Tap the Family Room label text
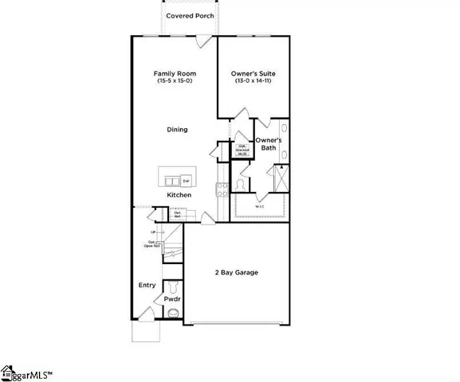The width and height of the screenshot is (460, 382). [x=175, y=74]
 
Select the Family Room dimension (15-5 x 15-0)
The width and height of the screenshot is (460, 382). [x=175, y=82]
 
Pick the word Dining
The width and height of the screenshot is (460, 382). [x=177, y=129]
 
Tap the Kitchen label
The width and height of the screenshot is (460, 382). [x=179, y=195]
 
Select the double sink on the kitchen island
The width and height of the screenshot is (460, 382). [x=170, y=177]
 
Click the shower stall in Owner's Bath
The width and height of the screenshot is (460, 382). [x=281, y=176]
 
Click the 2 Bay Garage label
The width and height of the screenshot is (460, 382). [x=235, y=273]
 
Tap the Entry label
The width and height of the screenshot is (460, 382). [x=147, y=285]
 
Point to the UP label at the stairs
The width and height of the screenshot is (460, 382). [x=151, y=232]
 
